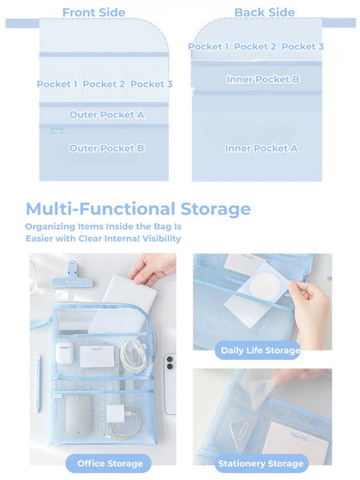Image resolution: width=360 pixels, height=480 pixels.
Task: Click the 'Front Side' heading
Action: (93, 13)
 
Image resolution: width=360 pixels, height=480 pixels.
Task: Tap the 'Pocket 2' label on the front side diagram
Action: (104, 84)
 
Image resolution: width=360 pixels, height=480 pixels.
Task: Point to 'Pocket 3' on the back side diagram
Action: (303, 47)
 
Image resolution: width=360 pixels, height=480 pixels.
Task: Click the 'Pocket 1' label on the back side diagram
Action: (209, 47)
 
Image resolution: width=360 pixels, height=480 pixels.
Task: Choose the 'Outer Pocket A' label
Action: (106, 114)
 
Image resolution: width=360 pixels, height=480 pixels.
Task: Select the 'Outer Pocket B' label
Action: (106, 148)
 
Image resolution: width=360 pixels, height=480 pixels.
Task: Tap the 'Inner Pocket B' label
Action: (263, 80)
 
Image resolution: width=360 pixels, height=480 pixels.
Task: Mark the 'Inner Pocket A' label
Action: (261, 148)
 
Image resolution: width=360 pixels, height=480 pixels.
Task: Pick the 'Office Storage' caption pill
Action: (103, 464)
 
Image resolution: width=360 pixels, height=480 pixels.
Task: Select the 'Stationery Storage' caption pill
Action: (261, 464)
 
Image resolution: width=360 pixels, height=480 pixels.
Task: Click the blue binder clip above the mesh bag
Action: (67, 277)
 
